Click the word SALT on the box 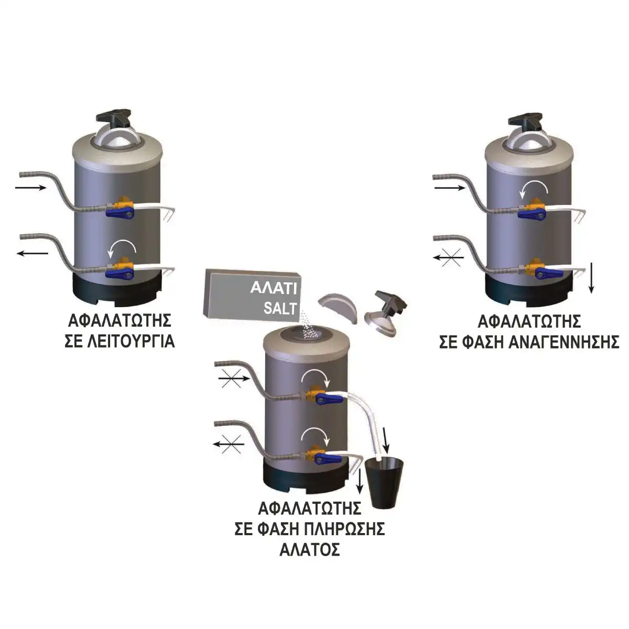click(x=280, y=308)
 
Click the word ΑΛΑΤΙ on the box click(x=274, y=288)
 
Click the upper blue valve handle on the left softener click(x=120, y=213)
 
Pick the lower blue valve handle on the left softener click(x=120, y=275)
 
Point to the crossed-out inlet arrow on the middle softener click(x=233, y=378)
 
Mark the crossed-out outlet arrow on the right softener click(x=449, y=257)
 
